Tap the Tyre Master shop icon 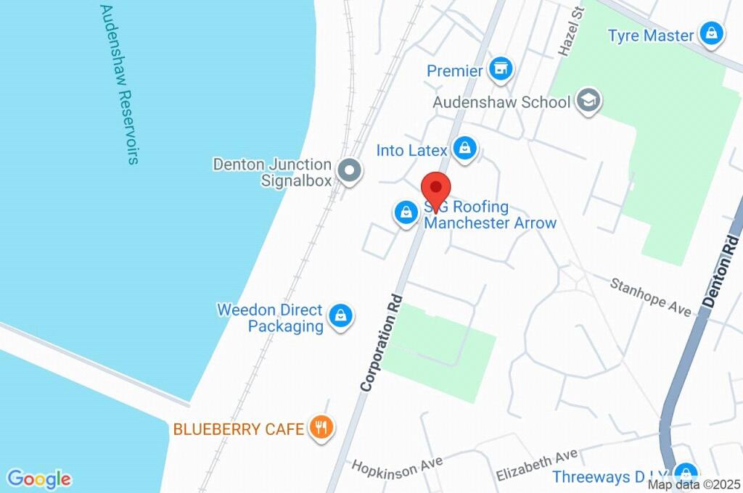(x=712, y=33)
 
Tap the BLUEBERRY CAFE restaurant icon (x=320, y=428)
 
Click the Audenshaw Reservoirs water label (x=119, y=83)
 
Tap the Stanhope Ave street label (x=649, y=297)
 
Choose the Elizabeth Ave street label (x=536, y=465)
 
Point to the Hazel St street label (x=572, y=33)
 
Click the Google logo (x=39, y=479)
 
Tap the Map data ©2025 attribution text (x=694, y=485)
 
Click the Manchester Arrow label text (x=490, y=223)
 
